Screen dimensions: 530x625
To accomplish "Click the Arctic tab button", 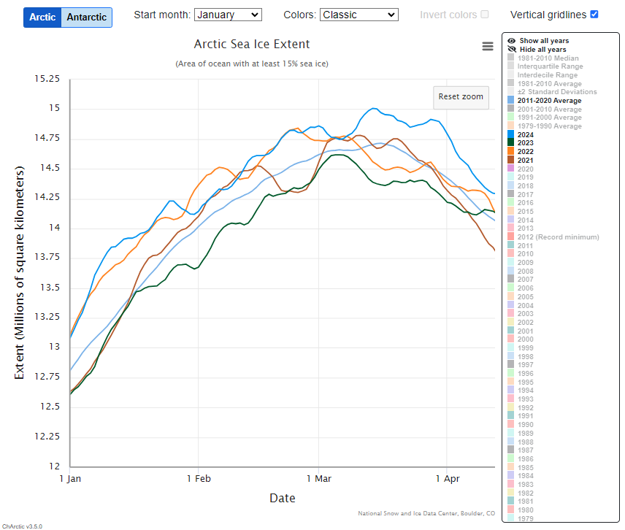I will point(42,17).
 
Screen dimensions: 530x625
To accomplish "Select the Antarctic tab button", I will point(87,17).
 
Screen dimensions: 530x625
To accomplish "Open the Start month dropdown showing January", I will point(228,15).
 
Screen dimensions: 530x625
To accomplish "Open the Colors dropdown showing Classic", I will point(358,15).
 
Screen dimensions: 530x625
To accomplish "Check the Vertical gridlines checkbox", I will point(594,15).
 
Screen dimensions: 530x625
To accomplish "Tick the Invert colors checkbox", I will point(485,15).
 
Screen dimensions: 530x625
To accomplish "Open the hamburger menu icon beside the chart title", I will point(488,46).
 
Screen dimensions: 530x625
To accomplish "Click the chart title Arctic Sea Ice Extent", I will point(252,45).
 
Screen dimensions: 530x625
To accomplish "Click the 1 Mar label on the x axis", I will point(318,480).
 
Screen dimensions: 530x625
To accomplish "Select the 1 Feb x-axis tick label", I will point(198,480).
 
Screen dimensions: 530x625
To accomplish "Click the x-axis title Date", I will point(283,499).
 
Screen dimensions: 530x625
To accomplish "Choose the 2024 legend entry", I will point(525,134).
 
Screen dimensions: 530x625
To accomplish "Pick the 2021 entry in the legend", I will point(525,160).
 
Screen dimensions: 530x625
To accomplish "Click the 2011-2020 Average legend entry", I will point(550,101).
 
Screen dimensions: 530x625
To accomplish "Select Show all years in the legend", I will point(544,41).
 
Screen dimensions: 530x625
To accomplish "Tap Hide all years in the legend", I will point(542,50).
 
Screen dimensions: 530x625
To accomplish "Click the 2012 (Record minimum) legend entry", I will point(558,237).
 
